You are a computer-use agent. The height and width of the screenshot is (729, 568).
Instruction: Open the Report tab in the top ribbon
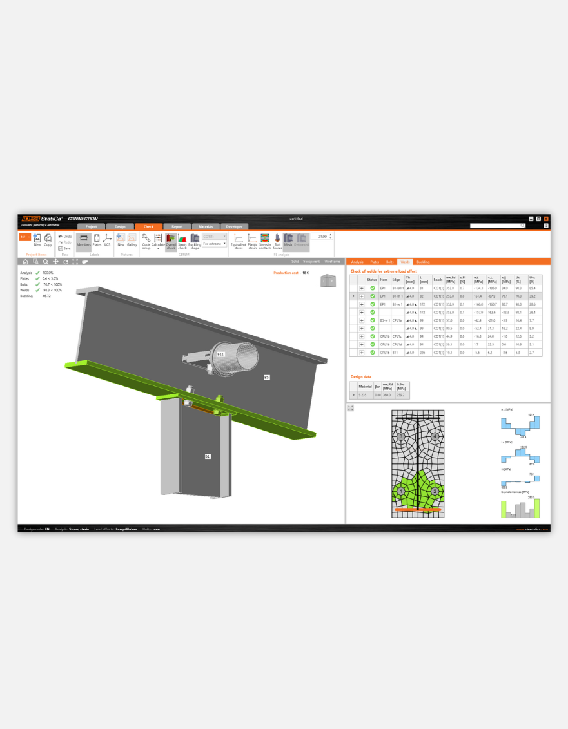[x=177, y=226]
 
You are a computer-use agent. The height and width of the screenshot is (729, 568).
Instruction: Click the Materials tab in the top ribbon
[x=205, y=226]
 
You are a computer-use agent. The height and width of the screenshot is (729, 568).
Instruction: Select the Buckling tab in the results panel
[x=423, y=262]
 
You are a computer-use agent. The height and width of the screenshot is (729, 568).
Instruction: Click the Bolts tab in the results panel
[x=389, y=262]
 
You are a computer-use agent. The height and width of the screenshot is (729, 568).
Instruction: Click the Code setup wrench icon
[x=146, y=239]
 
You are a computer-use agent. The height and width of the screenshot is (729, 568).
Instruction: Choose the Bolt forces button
[x=277, y=240]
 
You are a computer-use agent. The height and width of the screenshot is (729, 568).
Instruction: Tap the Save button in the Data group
[x=65, y=248]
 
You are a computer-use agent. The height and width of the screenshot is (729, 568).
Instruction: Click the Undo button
[x=65, y=237]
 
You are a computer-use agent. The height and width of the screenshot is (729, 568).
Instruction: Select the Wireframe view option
[x=332, y=262]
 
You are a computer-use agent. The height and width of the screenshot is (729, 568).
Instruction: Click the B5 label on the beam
[x=266, y=377]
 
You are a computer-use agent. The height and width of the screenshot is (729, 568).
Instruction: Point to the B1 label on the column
[x=208, y=456]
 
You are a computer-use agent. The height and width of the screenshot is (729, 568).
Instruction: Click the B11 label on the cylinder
[x=220, y=354]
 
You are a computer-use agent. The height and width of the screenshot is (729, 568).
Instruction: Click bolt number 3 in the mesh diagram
[x=401, y=436]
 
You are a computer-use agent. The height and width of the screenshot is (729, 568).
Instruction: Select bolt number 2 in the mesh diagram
[x=435, y=491]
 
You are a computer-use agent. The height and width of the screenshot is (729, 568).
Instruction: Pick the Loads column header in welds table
[x=438, y=280]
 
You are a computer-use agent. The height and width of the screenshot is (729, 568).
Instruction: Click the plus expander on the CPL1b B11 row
[x=362, y=353]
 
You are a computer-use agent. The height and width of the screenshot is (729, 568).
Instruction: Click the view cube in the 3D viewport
[x=328, y=280]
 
